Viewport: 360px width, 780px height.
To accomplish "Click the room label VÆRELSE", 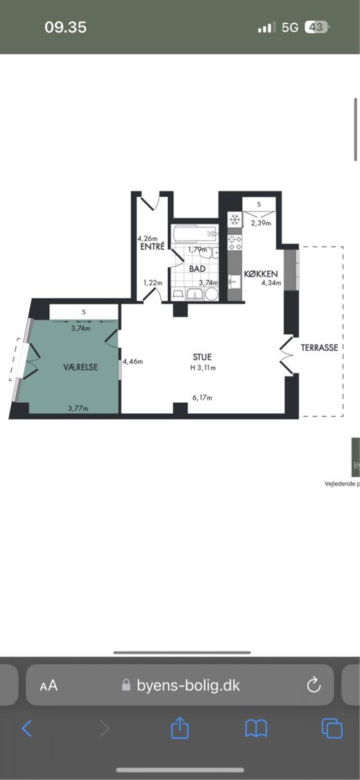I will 80,367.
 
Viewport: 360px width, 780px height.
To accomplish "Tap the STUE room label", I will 203,357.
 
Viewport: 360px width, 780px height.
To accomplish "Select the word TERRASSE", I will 320,347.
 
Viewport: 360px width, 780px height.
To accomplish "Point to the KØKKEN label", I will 261,274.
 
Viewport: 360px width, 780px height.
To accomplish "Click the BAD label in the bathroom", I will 197,268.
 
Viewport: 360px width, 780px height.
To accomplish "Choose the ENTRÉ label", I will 152,247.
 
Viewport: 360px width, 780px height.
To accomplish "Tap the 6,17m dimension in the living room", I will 202,397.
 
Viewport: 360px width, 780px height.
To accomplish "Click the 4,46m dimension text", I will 134,361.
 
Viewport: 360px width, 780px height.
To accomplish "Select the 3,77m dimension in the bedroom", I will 78,408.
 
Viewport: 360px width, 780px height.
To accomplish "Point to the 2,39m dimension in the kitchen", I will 260,223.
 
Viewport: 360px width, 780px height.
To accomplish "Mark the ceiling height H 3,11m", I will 203,367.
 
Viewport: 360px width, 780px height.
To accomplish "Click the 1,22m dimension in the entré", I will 153,282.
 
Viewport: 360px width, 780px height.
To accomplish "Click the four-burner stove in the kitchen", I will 234,242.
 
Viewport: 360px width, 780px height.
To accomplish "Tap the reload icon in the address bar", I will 314,685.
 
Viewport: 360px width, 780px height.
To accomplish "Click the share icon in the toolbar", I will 180,728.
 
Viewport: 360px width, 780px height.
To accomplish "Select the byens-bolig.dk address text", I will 188,685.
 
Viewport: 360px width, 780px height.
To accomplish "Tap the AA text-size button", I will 49,686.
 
